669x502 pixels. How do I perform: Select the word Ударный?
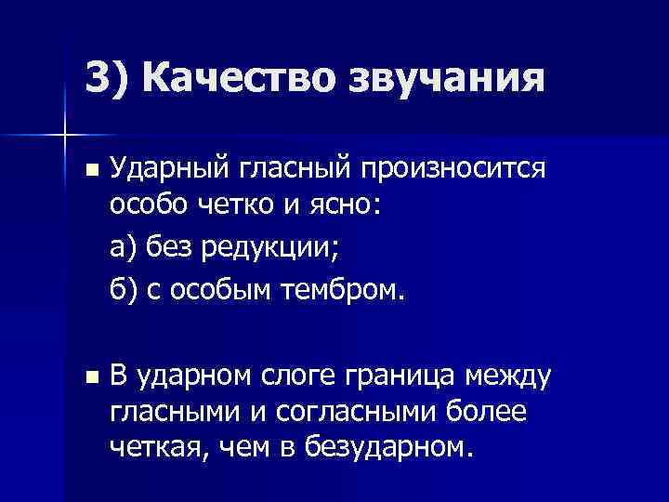(x=162, y=169)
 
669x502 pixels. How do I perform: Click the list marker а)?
(x=125, y=249)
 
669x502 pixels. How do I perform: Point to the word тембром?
(x=344, y=291)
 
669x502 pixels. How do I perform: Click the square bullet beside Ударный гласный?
(x=89, y=170)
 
